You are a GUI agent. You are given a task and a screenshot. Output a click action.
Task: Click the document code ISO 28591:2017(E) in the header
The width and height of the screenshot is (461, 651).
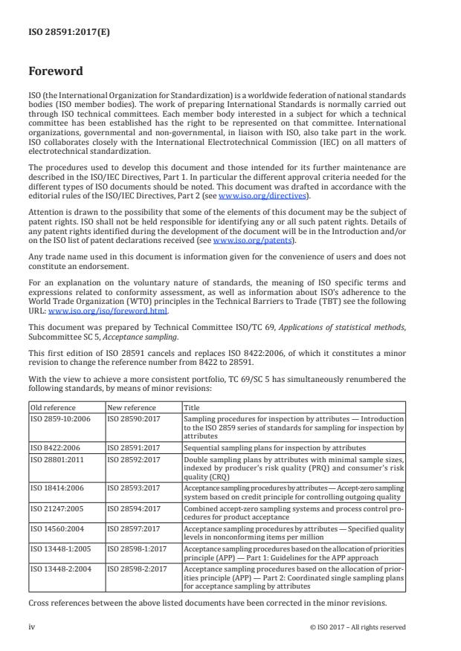[x=59, y=32]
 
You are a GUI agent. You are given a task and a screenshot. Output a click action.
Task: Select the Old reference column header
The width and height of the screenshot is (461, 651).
[x=51, y=408]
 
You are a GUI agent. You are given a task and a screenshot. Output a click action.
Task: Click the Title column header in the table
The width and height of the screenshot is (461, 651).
[x=192, y=408]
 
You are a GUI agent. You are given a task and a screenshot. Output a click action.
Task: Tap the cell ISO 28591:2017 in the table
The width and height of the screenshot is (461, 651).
[x=133, y=449]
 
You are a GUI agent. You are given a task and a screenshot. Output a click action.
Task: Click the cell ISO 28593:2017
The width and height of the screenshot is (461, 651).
[x=133, y=488]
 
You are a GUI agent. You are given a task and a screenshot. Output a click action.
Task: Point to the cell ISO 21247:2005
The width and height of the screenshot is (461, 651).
[x=57, y=508]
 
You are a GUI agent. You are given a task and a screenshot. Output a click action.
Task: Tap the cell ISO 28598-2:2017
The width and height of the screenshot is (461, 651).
[x=137, y=568]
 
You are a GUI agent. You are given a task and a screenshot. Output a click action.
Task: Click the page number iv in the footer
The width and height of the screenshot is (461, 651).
[x=33, y=626]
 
